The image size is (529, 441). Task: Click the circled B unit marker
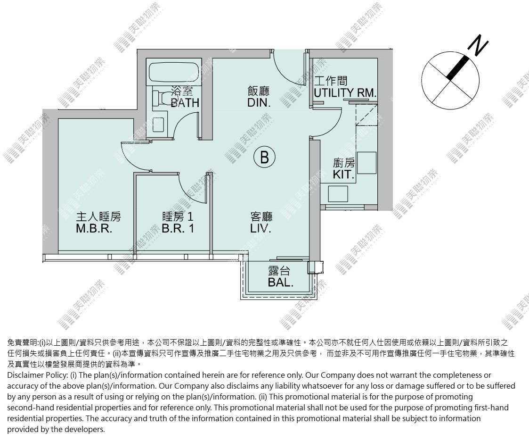click(x=265, y=157)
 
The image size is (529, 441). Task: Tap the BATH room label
click(x=185, y=102)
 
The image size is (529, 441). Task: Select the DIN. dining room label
click(x=259, y=102)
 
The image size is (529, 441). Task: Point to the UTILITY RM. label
click(x=345, y=92)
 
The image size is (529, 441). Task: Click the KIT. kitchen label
click(x=344, y=174)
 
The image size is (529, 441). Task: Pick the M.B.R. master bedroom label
click(x=94, y=228)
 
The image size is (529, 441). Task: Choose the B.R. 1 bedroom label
click(x=178, y=228)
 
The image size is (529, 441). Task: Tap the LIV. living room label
click(x=261, y=228)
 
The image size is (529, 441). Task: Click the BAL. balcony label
click(x=280, y=283)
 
